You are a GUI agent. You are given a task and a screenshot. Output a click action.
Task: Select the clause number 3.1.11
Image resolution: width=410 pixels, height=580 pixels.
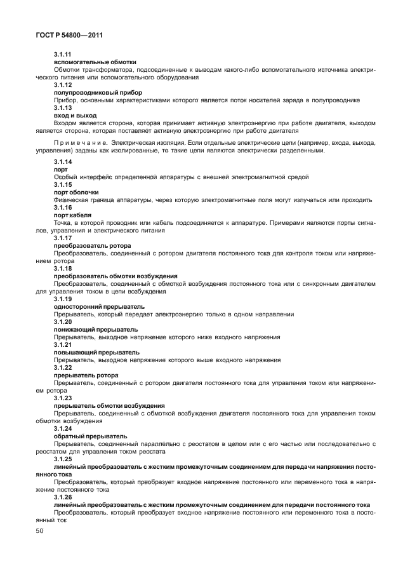(x=63, y=55)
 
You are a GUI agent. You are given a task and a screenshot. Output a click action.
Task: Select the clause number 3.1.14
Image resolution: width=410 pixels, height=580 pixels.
(x=63, y=163)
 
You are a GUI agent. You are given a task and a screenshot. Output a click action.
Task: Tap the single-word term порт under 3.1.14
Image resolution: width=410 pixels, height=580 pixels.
(x=61, y=170)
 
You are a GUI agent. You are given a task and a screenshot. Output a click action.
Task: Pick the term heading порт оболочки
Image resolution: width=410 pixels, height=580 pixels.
(x=76, y=192)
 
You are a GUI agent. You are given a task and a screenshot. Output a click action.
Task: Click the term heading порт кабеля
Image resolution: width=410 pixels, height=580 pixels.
(x=72, y=215)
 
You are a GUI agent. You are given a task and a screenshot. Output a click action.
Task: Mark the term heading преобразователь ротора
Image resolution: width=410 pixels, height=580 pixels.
(x=93, y=246)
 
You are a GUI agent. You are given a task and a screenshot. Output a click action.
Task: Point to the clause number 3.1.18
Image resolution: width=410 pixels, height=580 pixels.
(x=63, y=269)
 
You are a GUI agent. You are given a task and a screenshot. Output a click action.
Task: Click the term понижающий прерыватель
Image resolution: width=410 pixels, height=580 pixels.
(x=96, y=330)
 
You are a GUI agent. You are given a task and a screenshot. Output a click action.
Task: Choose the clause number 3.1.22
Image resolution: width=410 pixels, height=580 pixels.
(x=63, y=368)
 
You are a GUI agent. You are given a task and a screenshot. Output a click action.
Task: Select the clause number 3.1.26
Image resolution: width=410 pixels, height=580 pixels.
(x=63, y=497)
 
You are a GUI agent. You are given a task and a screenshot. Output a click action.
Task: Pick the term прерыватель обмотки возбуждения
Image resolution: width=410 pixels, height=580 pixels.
(x=110, y=406)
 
